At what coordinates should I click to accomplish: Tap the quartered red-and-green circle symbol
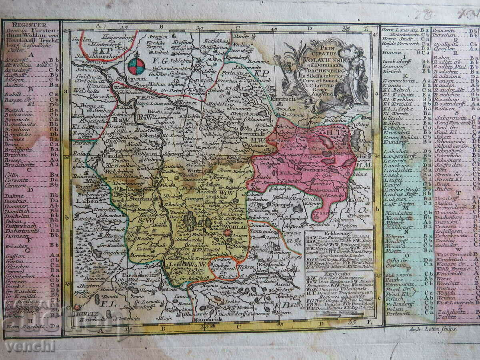coord(136,66)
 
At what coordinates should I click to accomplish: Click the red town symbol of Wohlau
coord(228,233)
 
